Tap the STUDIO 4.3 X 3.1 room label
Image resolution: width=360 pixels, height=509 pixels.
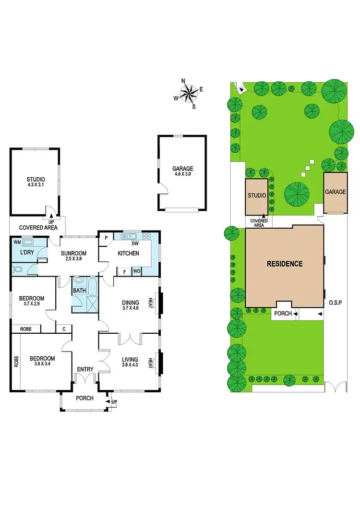click(x=35, y=183)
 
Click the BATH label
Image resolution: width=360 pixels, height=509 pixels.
click(x=78, y=291)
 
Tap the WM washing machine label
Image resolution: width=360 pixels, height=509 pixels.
click(x=17, y=242)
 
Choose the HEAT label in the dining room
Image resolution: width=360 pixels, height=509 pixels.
click(x=151, y=303)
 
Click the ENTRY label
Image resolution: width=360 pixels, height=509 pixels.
click(x=85, y=369)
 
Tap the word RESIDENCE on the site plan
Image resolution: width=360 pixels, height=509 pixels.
click(x=285, y=264)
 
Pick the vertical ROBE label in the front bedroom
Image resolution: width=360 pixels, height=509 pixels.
click(x=16, y=361)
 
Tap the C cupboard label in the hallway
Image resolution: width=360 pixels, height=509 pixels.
click(x=64, y=329)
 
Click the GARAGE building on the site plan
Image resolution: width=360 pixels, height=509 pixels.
click(x=335, y=192)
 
